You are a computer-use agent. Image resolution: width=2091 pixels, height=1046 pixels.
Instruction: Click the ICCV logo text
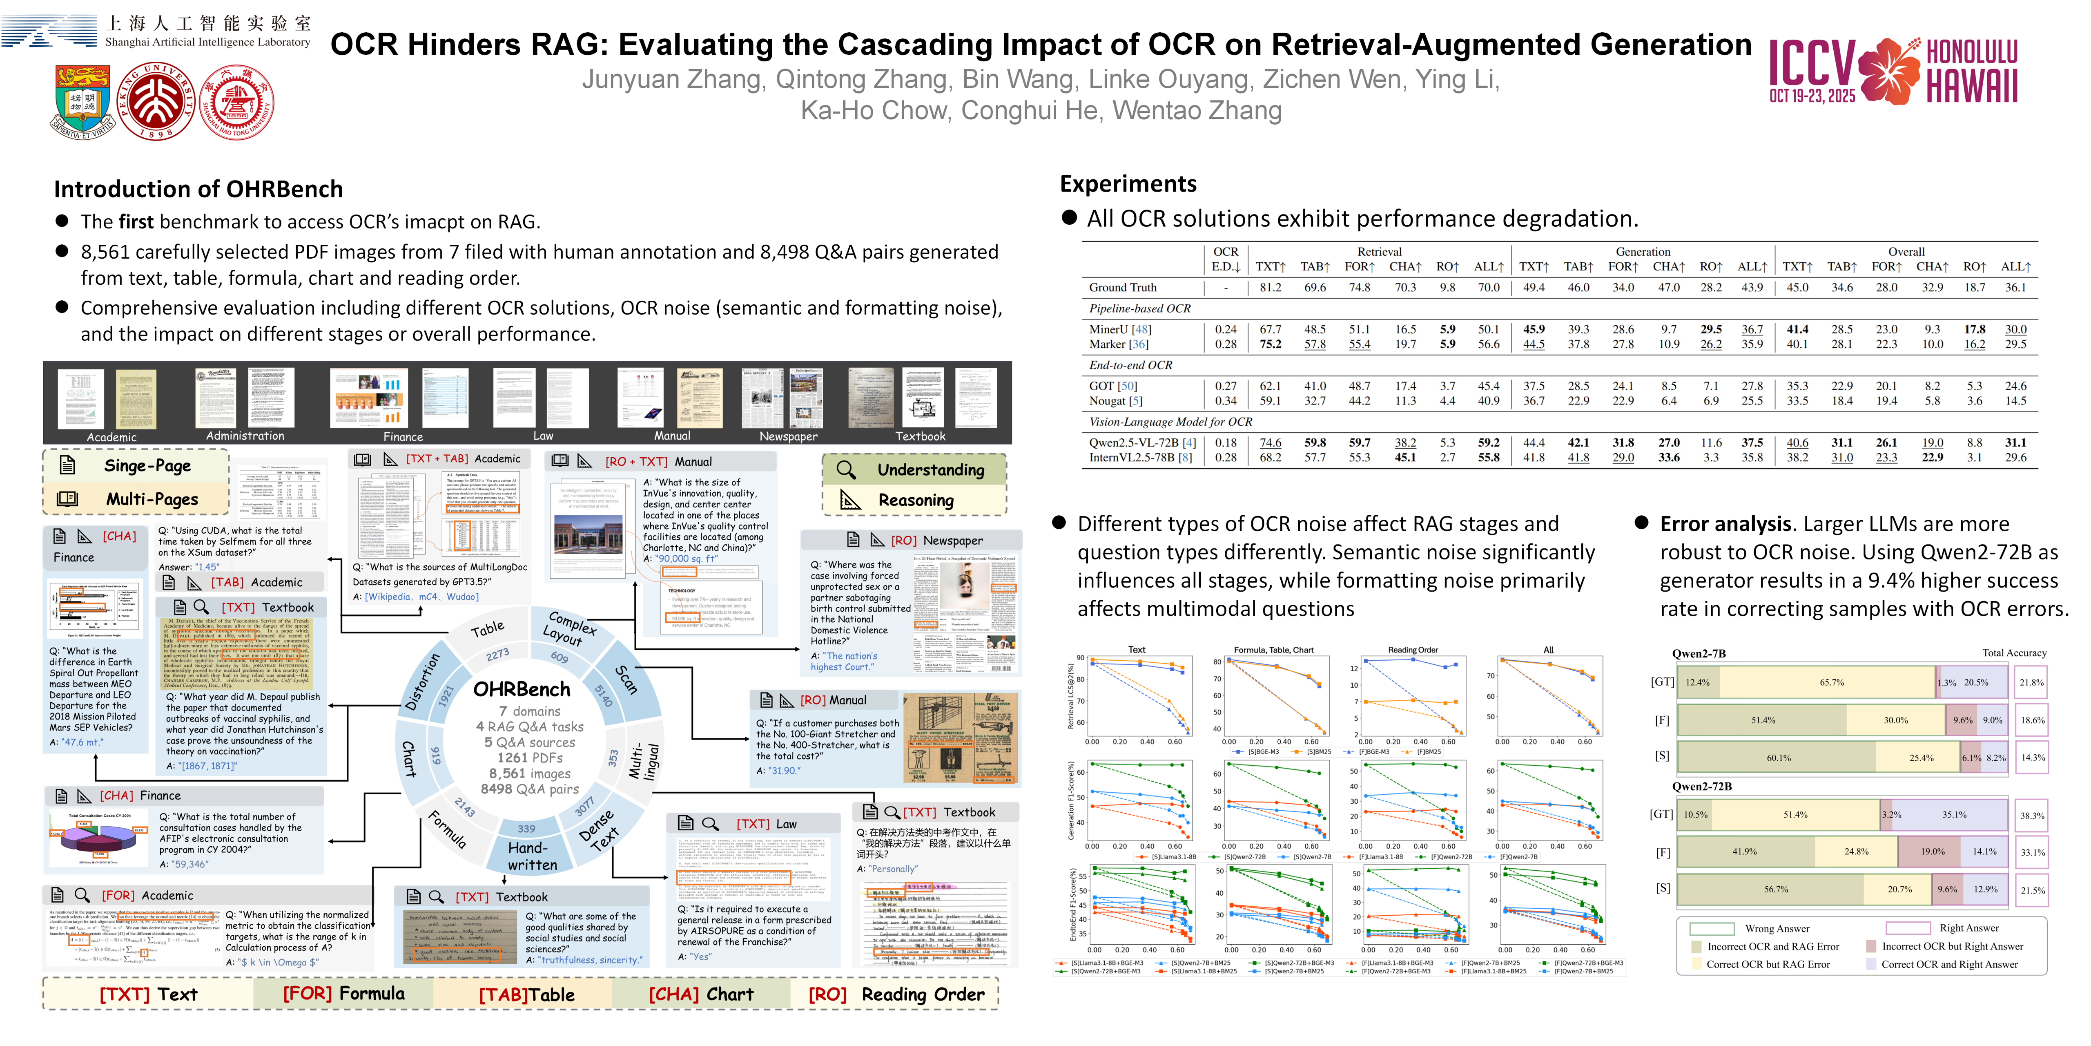coord(1812,63)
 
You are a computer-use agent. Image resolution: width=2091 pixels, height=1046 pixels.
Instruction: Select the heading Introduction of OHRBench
coord(198,189)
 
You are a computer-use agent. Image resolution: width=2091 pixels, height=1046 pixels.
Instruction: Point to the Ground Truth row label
coord(1123,288)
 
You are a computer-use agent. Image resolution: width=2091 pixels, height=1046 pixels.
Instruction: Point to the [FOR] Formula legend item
coord(343,993)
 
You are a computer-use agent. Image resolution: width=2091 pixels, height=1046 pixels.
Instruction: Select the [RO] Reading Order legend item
coord(896,994)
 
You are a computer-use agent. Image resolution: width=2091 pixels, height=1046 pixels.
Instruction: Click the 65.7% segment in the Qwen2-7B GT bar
coord(1831,682)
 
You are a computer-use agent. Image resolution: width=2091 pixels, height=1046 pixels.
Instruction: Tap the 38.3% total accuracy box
coord(2032,816)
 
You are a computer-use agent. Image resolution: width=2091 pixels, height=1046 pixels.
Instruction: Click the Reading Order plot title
coord(1412,650)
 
